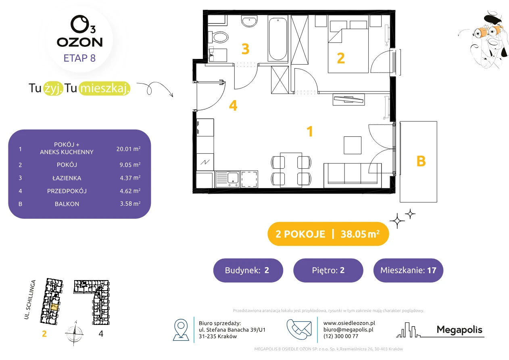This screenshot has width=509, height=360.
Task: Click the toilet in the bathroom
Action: pyautogui.click(x=218, y=37)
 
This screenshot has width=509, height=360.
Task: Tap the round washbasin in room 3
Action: pyautogui.click(x=249, y=21)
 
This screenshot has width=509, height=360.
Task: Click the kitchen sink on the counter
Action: pyautogui.click(x=227, y=179)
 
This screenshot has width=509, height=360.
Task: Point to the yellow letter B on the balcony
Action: pyautogui.click(x=421, y=161)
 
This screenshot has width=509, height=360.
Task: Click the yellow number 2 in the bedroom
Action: pyautogui.click(x=341, y=58)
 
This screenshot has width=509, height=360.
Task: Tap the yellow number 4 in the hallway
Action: pyautogui.click(x=233, y=105)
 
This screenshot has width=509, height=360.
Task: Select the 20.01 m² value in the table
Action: pyautogui.click(x=128, y=149)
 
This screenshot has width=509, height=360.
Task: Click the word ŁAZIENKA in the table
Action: pyautogui.click(x=67, y=178)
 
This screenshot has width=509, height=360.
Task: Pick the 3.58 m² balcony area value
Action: pyautogui.click(x=130, y=203)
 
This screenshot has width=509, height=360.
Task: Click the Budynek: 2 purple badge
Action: pyautogui.click(x=248, y=270)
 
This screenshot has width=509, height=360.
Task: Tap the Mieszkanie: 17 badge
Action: pyautogui.click(x=408, y=270)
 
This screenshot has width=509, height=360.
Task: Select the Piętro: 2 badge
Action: pyautogui.click(x=328, y=270)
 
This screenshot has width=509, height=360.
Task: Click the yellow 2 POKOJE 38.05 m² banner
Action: pyautogui.click(x=328, y=234)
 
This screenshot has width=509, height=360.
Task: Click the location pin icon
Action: pyautogui.click(x=181, y=329)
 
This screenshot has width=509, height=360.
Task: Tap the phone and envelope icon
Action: pyautogui.click(x=299, y=329)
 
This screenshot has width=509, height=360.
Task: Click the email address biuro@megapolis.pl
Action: pyautogui.click(x=348, y=329)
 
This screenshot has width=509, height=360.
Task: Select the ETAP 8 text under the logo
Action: pyautogui.click(x=79, y=58)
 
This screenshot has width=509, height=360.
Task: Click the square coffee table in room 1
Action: pyautogui.click(x=353, y=145)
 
